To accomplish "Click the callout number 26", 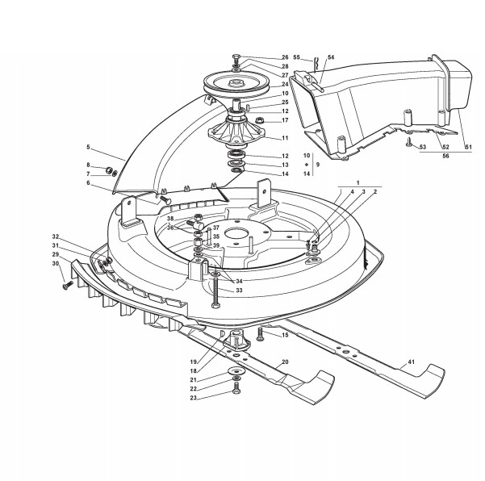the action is [x=285, y=57].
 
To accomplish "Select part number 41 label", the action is [x=411, y=362].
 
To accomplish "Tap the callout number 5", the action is [x=88, y=147].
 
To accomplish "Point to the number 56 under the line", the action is [x=445, y=156].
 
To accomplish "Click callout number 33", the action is [x=239, y=291].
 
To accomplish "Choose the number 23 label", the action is [x=194, y=398].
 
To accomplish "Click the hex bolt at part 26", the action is [x=236, y=60].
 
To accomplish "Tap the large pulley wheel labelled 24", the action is [x=236, y=83].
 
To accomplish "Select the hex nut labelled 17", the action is [x=259, y=119].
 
